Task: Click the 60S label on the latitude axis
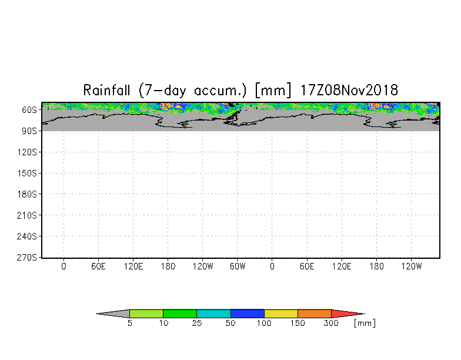pos(29,110)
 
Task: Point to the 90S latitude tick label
pos(29,131)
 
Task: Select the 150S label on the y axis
pos(27,173)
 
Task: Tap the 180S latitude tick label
pos(27,194)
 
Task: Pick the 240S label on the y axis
pos(27,236)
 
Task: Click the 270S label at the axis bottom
pos(27,258)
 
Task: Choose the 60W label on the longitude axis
pos(238,266)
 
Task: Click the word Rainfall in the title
pos(106,90)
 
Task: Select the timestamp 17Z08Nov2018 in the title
pos(349,90)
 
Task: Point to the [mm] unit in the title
pos(273,91)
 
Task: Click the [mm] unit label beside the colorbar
pos(365,324)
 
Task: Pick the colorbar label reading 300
pos(331,324)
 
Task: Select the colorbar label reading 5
pos(129,324)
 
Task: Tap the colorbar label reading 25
pos(197,324)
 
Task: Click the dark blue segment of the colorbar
pos(247,314)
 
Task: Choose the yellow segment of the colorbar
pos(281,314)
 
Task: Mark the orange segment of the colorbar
pos(314,314)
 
